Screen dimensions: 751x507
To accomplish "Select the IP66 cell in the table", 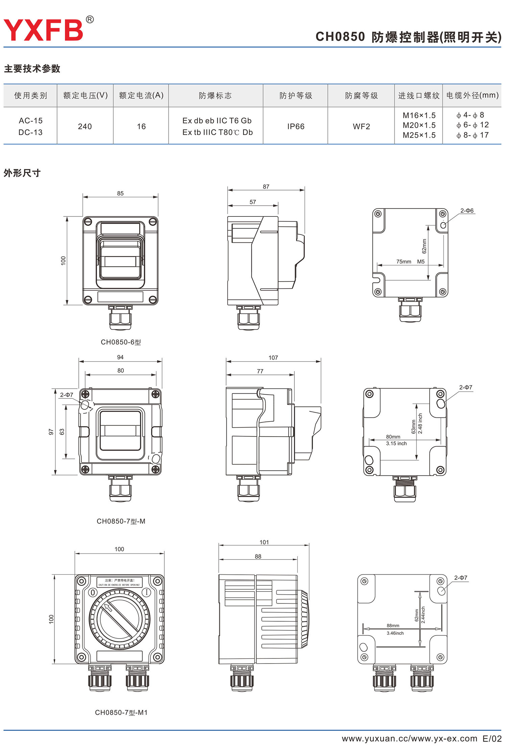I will click(296, 126).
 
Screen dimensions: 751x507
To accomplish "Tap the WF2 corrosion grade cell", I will click(361, 126).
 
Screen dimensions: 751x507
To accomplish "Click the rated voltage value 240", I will click(85, 126).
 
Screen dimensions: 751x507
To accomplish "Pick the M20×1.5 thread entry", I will click(419, 125).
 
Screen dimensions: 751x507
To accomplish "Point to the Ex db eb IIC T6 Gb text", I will click(217, 121).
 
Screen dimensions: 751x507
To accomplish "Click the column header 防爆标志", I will click(215, 96).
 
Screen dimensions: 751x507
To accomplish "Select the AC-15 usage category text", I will click(31, 121).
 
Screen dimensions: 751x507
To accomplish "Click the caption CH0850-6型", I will click(121, 342).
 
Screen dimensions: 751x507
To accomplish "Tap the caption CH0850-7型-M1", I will click(121, 713).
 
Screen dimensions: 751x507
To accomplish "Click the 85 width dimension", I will click(120, 193).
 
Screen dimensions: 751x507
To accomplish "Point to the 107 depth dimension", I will click(273, 358).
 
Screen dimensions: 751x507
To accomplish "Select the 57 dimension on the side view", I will click(253, 202).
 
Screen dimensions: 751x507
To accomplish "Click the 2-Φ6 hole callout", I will click(467, 211).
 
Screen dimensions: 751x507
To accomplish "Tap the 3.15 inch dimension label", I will click(396, 443).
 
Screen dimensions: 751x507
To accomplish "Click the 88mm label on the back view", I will click(393, 626).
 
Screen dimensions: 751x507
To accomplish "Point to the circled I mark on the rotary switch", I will click(146, 592).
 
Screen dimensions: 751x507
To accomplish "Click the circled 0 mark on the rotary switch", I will click(93, 592).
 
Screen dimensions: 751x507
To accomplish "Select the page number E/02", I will click(492, 739).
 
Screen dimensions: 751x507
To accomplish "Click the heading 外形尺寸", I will click(22, 173).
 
